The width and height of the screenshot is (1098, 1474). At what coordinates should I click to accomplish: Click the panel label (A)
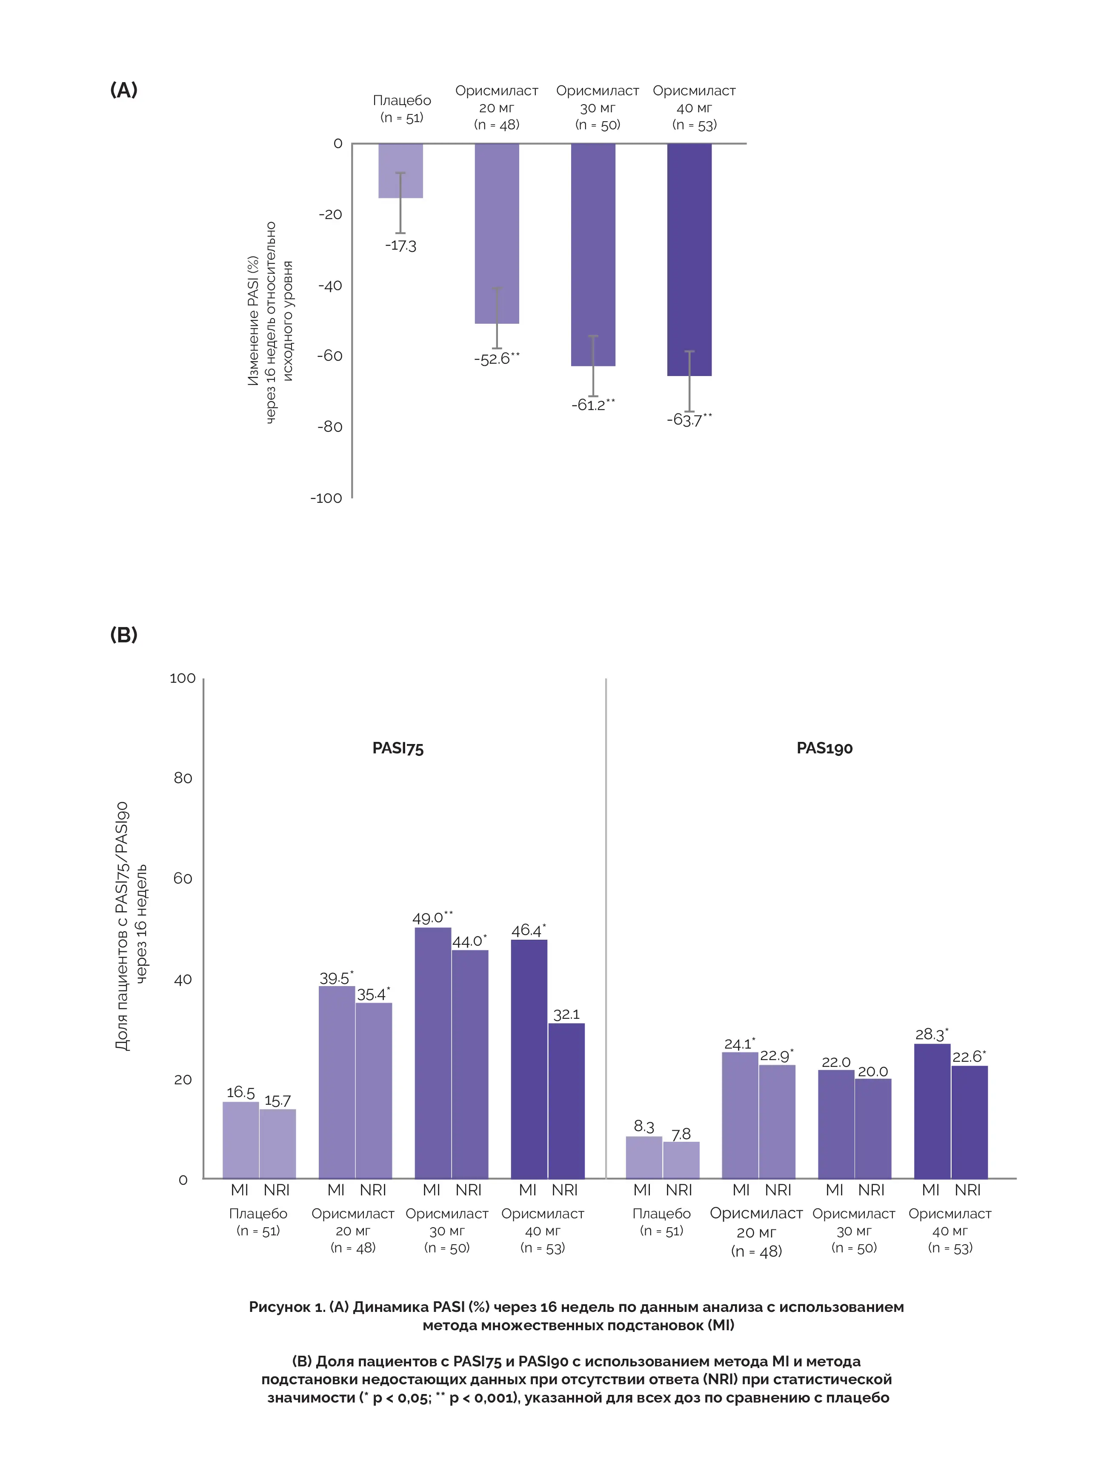tap(123, 90)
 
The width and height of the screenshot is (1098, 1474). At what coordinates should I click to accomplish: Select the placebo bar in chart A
tap(401, 171)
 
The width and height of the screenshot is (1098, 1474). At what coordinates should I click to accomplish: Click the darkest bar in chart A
tap(689, 259)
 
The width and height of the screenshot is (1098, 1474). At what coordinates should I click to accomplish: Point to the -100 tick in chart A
tap(326, 498)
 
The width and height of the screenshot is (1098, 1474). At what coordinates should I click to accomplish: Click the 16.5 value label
tap(240, 1093)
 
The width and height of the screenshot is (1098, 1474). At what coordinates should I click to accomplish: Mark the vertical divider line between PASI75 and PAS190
tap(606, 930)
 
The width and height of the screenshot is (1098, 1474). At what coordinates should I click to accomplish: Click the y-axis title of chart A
tap(269, 322)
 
